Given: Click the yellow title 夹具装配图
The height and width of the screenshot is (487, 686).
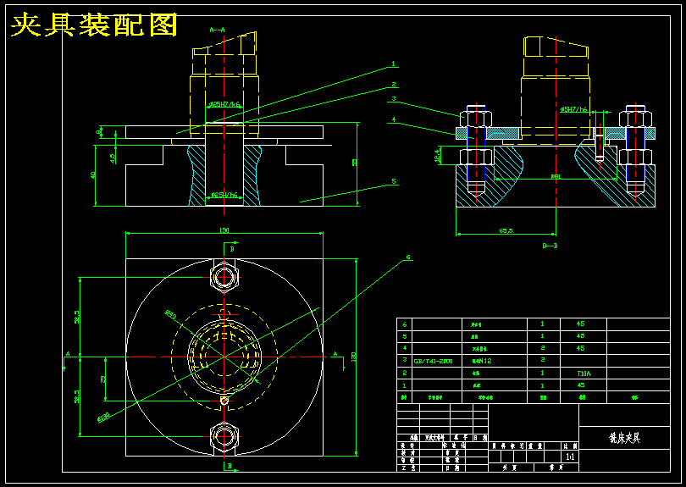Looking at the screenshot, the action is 94,25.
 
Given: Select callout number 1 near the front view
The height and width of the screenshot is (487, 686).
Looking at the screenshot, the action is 394,64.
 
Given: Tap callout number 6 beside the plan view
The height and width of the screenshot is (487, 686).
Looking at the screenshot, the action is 408,257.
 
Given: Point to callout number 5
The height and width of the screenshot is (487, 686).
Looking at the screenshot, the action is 394,181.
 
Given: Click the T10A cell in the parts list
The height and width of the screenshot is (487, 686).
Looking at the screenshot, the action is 582,372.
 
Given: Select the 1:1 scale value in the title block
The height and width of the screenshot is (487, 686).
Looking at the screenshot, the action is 569,455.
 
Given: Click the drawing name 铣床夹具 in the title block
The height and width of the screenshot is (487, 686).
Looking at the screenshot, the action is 624,438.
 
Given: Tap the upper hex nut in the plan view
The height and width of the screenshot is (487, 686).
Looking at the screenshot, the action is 224,277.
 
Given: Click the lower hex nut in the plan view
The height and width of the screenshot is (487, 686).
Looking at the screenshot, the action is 224,436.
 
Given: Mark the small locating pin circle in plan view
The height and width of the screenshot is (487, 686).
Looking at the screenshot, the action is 224,401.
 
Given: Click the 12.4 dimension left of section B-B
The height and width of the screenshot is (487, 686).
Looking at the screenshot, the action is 438,156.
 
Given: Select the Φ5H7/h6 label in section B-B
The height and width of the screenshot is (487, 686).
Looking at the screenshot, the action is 573,109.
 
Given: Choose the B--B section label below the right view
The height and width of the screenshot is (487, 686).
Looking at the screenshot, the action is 550,246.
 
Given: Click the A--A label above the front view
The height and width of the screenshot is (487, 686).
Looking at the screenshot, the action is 217,30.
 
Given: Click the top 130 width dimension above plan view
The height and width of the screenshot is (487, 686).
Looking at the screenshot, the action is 224,230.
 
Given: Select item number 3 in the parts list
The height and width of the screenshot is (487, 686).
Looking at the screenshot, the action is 404,360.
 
